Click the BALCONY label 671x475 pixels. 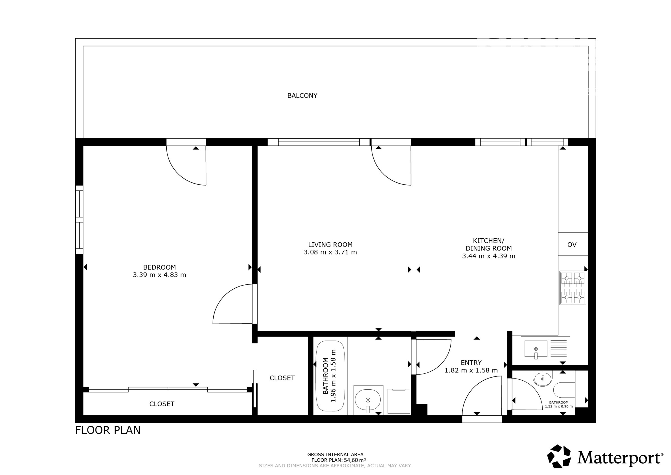pos(302,96)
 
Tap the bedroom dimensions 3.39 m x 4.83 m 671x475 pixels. pos(160,275)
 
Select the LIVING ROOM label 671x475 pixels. pos(330,245)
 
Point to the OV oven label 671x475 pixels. pos(572,245)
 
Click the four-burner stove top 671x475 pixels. pos(573,288)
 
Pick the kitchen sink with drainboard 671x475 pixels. pos(545,349)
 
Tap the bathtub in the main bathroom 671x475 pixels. pos(330,376)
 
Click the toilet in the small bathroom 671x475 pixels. pos(564,390)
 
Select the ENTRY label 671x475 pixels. pos(471,363)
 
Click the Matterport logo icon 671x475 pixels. pos(559,456)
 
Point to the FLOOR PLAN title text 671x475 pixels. pos(108,430)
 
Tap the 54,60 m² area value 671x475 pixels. pos(355,460)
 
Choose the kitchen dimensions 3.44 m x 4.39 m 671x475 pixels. pos(489,256)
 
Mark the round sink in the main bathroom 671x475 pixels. pos(368,400)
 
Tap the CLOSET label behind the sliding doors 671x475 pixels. pos(162,404)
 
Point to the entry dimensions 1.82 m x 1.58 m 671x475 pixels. pos(471,371)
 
